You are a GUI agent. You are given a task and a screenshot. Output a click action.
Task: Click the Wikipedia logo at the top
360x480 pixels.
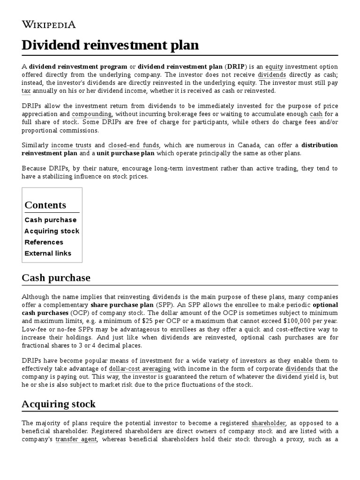pyautogui.click(x=49, y=25)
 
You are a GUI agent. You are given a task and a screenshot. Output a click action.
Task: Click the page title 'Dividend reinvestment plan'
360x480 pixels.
pyautogui.click(x=110, y=45)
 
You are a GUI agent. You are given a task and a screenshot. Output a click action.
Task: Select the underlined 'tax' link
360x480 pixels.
pyautogui.click(x=26, y=91)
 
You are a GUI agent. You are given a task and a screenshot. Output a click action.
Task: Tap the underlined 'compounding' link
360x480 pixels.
pyautogui.click(x=92, y=114)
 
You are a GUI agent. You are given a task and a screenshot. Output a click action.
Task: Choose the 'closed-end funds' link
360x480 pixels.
pyautogui.click(x=134, y=145)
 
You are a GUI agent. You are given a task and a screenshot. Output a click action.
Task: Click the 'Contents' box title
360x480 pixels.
pyautogui.click(x=45, y=205)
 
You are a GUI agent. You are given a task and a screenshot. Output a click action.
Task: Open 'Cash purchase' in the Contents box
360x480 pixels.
pyautogui.click(x=51, y=220)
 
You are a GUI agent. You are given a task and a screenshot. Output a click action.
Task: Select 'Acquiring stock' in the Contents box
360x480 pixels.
pyautogui.click(x=52, y=231)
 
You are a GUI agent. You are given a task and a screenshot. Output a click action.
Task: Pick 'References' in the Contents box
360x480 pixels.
pyautogui.click(x=44, y=242)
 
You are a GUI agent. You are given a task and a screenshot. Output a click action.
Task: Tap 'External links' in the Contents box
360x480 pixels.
pyautogui.click(x=48, y=254)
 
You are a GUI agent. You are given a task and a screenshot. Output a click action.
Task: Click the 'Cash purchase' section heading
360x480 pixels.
pyautogui.click(x=56, y=278)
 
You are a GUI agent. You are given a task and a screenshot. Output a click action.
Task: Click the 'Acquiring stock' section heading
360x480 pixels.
pyautogui.click(x=59, y=404)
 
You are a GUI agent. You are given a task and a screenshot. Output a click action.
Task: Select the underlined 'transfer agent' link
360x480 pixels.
pyautogui.click(x=76, y=439)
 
